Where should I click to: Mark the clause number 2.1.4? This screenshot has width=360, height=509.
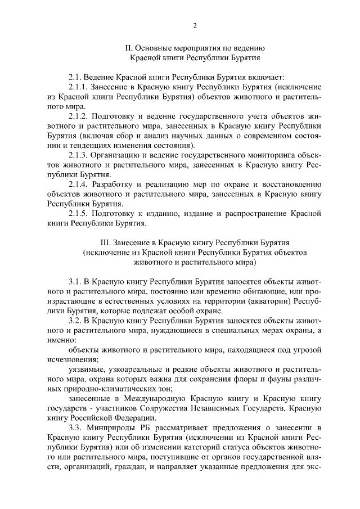(79, 184)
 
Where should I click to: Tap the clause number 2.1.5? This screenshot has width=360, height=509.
(79, 213)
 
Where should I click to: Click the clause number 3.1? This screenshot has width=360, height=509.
(75, 281)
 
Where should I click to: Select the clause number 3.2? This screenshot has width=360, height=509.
(75, 319)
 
